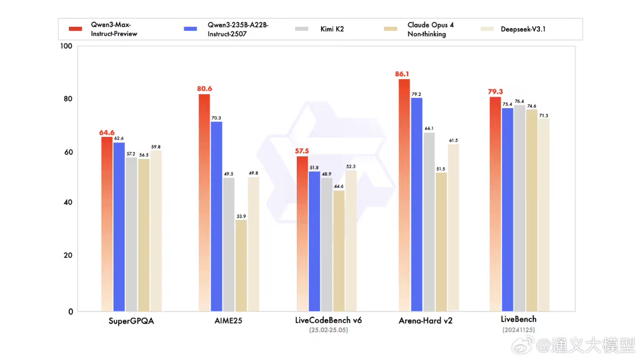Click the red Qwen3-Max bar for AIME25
pyautogui.click(x=204, y=202)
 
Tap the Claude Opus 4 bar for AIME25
pyautogui.click(x=241, y=265)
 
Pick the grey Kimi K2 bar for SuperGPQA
pyautogui.click(x=131, y=234)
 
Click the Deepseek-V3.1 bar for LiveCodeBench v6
pyautogui.click(x=351, y=240)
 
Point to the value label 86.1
pyautogui.click(x=402, y=74)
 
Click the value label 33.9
pyautogui.click(x=241, y=216)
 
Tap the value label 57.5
pyautogui.click(x=301, y=151)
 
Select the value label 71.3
pyautogui.click(x=543, y=115)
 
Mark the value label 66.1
pyautogui.click(x=429, y=128)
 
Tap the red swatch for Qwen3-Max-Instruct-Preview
pyautogui.click(x=75, y=28)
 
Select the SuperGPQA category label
pyautogui.click(x=131, y=321)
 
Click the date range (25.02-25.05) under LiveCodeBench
pyautogui.click(x=328, y=330)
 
